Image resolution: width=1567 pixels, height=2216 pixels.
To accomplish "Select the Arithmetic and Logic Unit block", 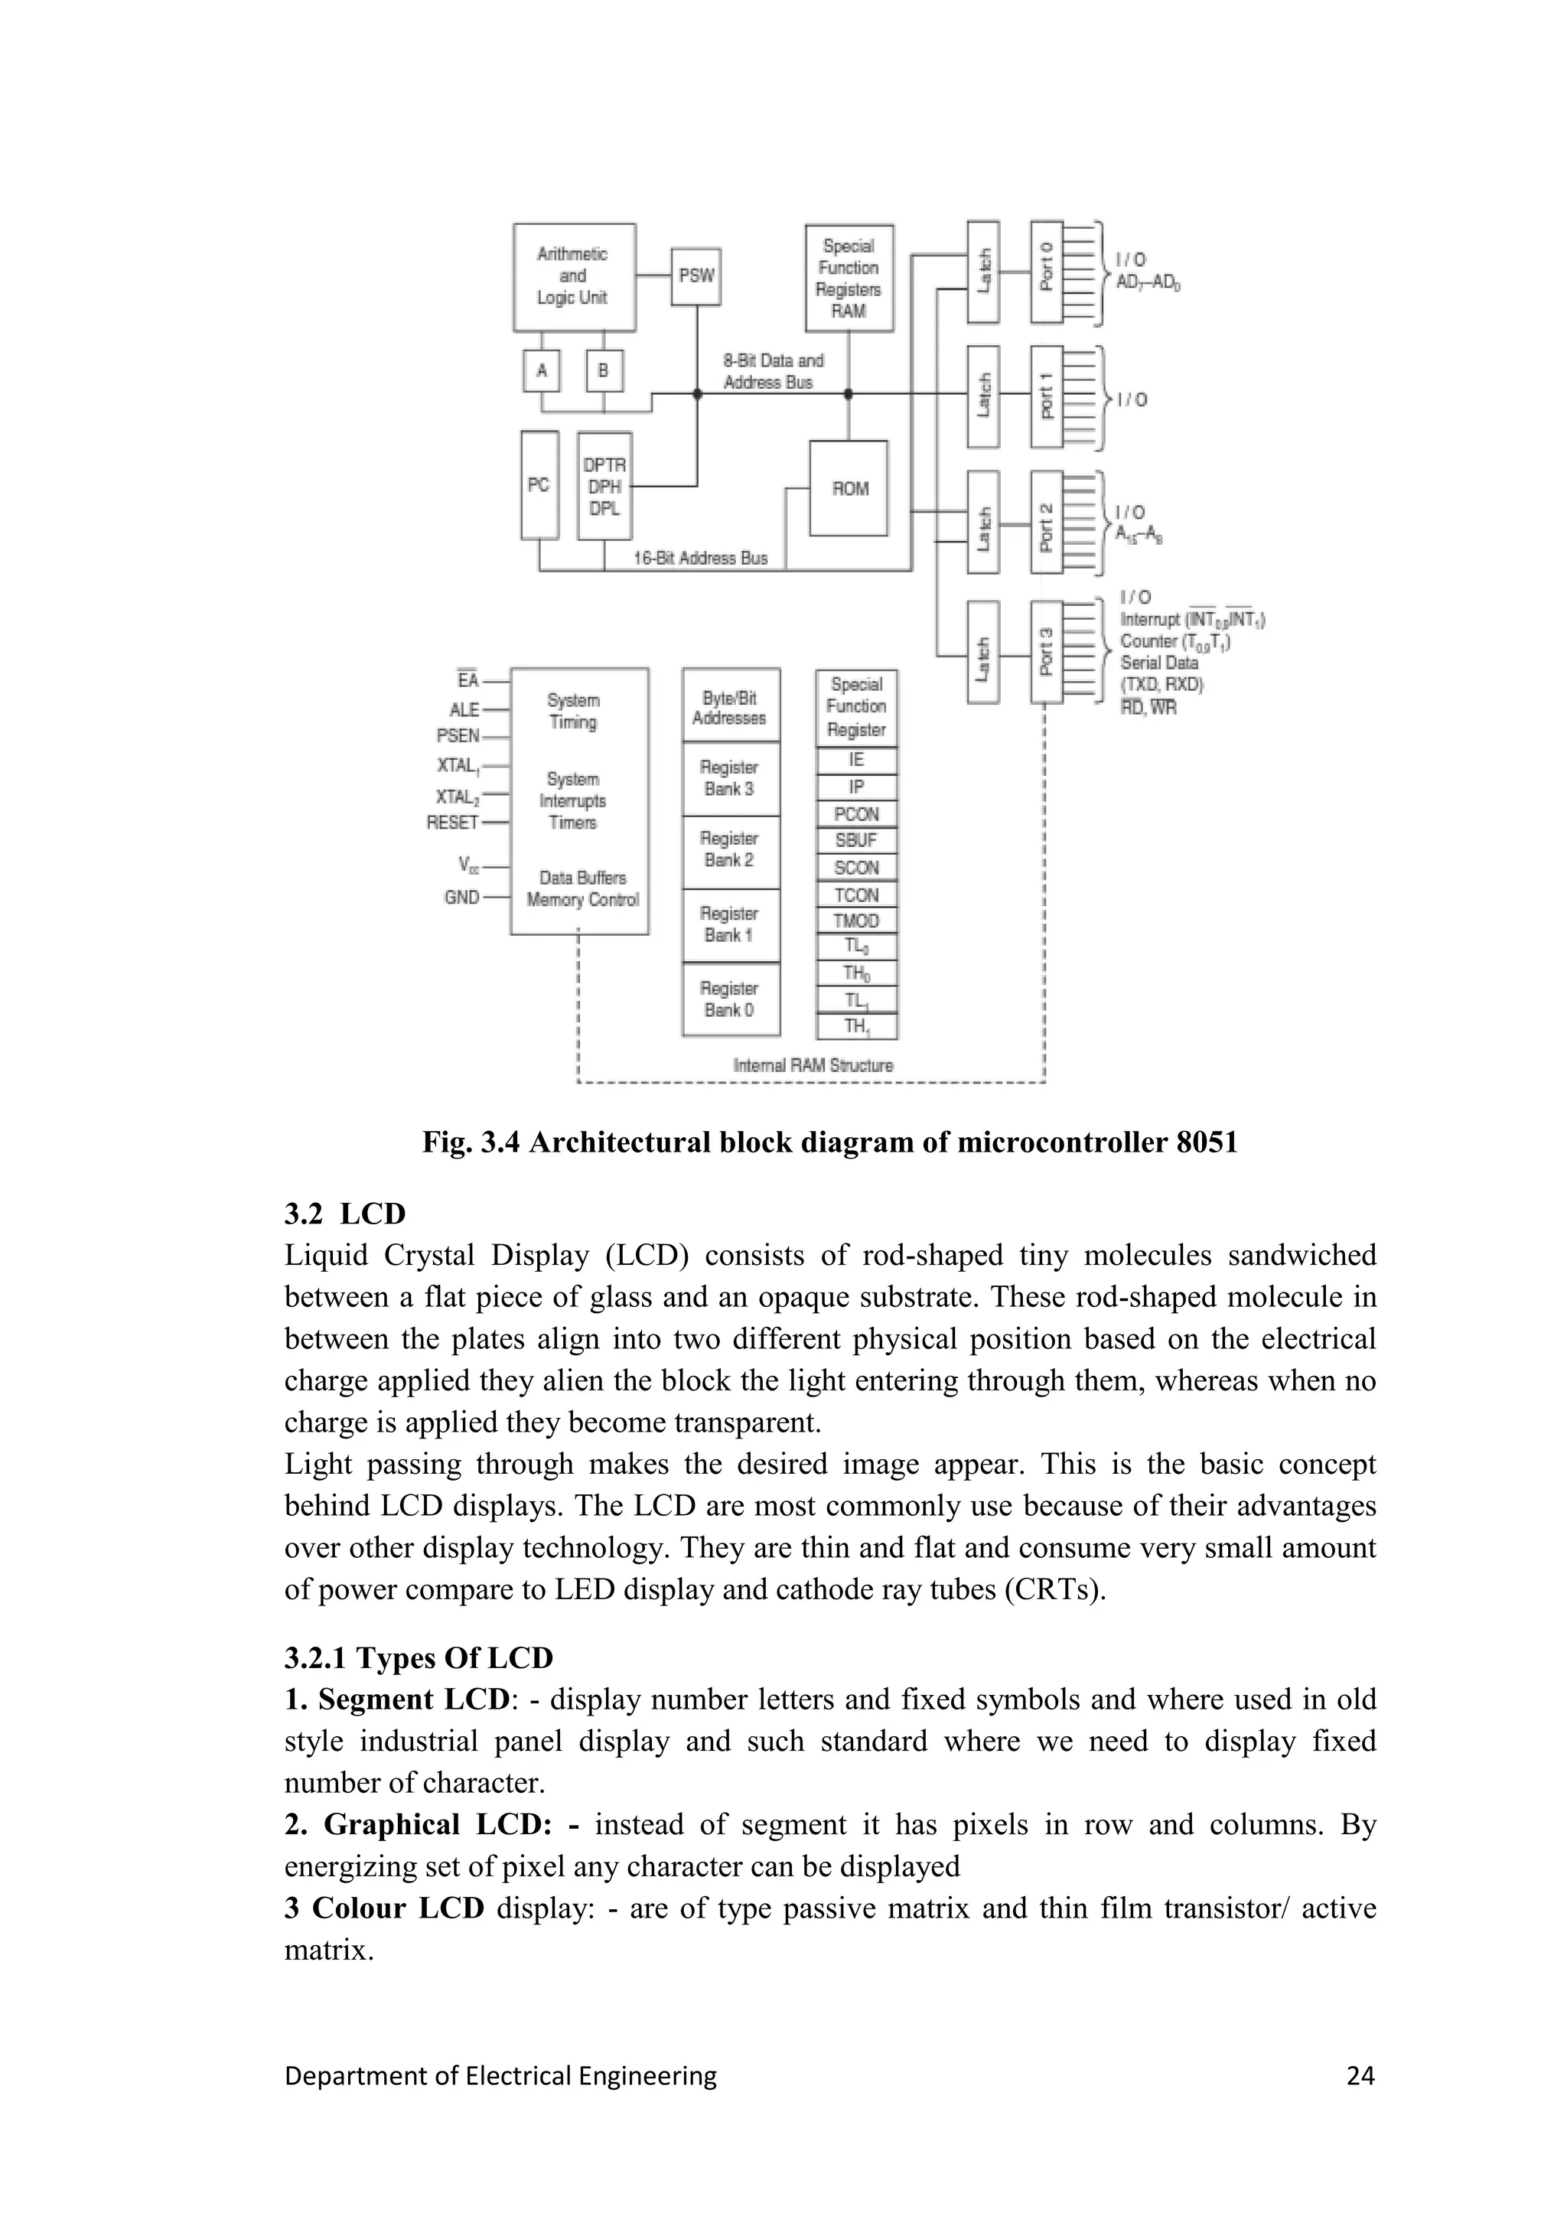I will click(573, 276).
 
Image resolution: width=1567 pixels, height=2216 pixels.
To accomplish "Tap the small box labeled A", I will click(541, 370).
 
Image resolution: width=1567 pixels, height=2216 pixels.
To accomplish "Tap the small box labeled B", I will click(604, 370).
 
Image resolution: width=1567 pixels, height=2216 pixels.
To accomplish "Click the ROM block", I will click(849, 488).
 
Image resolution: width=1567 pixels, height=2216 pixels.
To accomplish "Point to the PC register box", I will click(539, 484).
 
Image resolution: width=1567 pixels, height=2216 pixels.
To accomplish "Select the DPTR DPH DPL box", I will click(604, 485).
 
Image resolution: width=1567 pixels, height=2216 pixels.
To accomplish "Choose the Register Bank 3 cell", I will click(729, 778).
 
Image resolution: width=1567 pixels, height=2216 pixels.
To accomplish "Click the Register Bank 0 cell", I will click(729, 999).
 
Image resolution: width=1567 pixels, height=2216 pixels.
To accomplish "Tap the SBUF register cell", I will click(856, 839).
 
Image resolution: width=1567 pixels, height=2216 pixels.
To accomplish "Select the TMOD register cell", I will click(856, 921).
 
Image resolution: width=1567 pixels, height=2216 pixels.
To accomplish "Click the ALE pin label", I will click(464, 709).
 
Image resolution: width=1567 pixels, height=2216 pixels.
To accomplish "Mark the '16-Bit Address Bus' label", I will click(701, 558).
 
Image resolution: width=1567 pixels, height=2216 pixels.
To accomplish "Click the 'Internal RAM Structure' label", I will click(813, 1066).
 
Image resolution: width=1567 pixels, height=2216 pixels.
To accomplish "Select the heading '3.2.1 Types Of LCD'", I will click(419, 1658).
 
